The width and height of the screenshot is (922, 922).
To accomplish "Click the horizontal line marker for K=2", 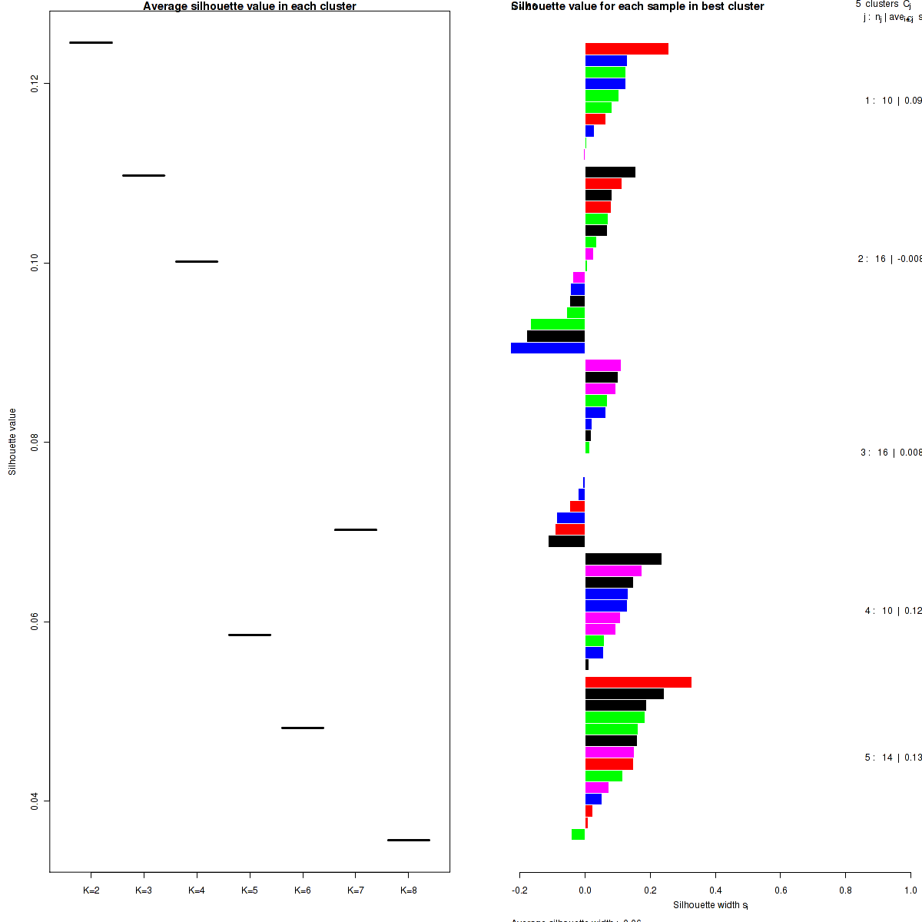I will point(91,42).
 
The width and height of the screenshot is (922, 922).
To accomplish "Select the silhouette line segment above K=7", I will point(356,529).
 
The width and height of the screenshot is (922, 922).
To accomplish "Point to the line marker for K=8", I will point(409,840).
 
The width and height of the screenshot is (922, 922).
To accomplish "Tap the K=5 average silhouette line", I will point(250,635).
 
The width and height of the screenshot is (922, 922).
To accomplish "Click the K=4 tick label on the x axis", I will point(197,890).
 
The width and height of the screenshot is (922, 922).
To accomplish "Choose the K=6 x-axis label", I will point(303,890).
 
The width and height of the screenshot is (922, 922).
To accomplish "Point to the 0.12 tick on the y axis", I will point(35,84).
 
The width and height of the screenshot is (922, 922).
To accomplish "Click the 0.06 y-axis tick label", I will point(35,622).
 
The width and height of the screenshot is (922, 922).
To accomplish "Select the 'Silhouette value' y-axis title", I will point(12,442).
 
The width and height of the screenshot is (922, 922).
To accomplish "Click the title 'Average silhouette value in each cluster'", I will point(250,6).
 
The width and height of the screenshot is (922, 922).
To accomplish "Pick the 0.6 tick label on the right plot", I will point(780,890).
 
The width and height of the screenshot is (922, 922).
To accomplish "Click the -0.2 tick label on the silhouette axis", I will point(519,890).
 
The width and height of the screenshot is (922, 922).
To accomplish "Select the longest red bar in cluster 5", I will point(638,682).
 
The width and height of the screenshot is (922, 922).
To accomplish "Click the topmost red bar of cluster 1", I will point(626,49).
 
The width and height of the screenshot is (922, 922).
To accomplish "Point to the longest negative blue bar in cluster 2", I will point(548,348).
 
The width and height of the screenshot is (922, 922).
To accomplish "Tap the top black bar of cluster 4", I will point(623,559).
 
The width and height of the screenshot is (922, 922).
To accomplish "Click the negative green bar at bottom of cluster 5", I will point(579,834).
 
